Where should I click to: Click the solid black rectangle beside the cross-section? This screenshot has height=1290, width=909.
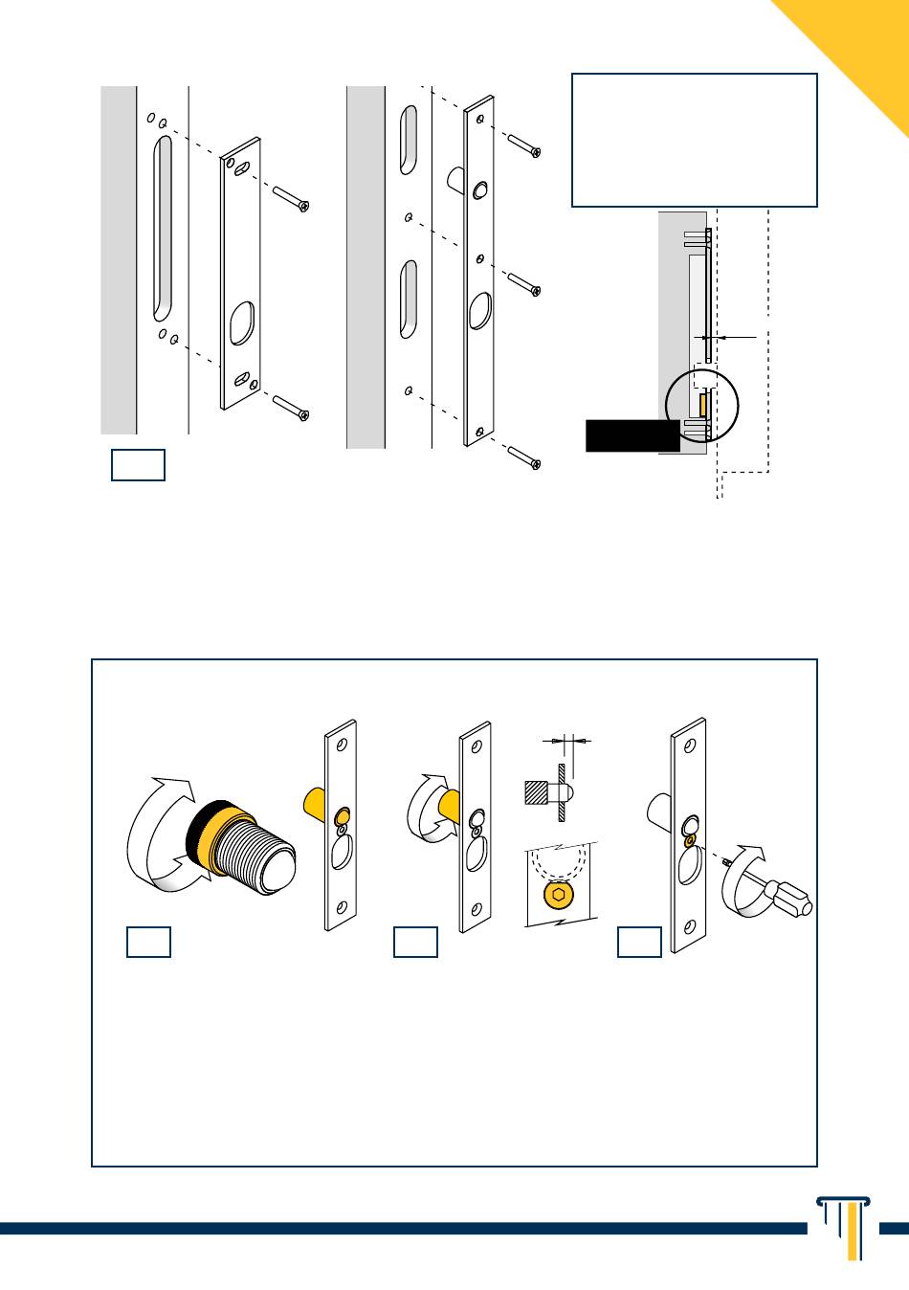(632, 434)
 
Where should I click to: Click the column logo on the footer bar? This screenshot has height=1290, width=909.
(843, 1226)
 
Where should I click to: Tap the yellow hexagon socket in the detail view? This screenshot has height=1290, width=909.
(558, 895)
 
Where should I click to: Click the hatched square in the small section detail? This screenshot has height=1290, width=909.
(537, 792)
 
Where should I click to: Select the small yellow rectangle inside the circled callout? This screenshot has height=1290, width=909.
(703, 404)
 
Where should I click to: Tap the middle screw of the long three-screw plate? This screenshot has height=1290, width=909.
(524, 282)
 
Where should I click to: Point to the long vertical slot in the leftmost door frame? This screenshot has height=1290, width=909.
(164, 227)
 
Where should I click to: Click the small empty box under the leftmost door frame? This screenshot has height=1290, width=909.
(138, 465)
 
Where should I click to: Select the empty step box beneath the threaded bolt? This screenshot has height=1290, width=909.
(148, 942)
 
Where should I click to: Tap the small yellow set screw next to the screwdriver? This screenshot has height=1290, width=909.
(689, 840)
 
